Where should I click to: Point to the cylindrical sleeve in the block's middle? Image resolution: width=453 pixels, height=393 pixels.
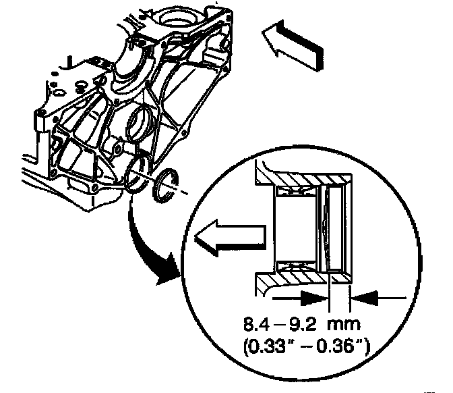(140, 124)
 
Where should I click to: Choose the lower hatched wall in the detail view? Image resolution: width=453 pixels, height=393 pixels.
(303, 276)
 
